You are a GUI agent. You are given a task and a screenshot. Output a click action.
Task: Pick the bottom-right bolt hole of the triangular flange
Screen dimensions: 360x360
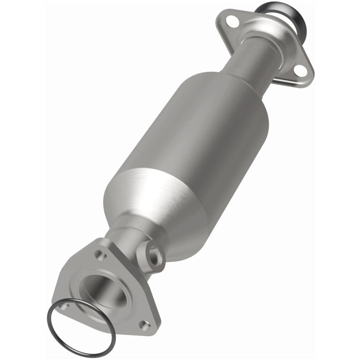[x=144, y=324]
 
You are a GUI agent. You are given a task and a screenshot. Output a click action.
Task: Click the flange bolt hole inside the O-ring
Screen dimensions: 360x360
[x=64, y=306]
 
